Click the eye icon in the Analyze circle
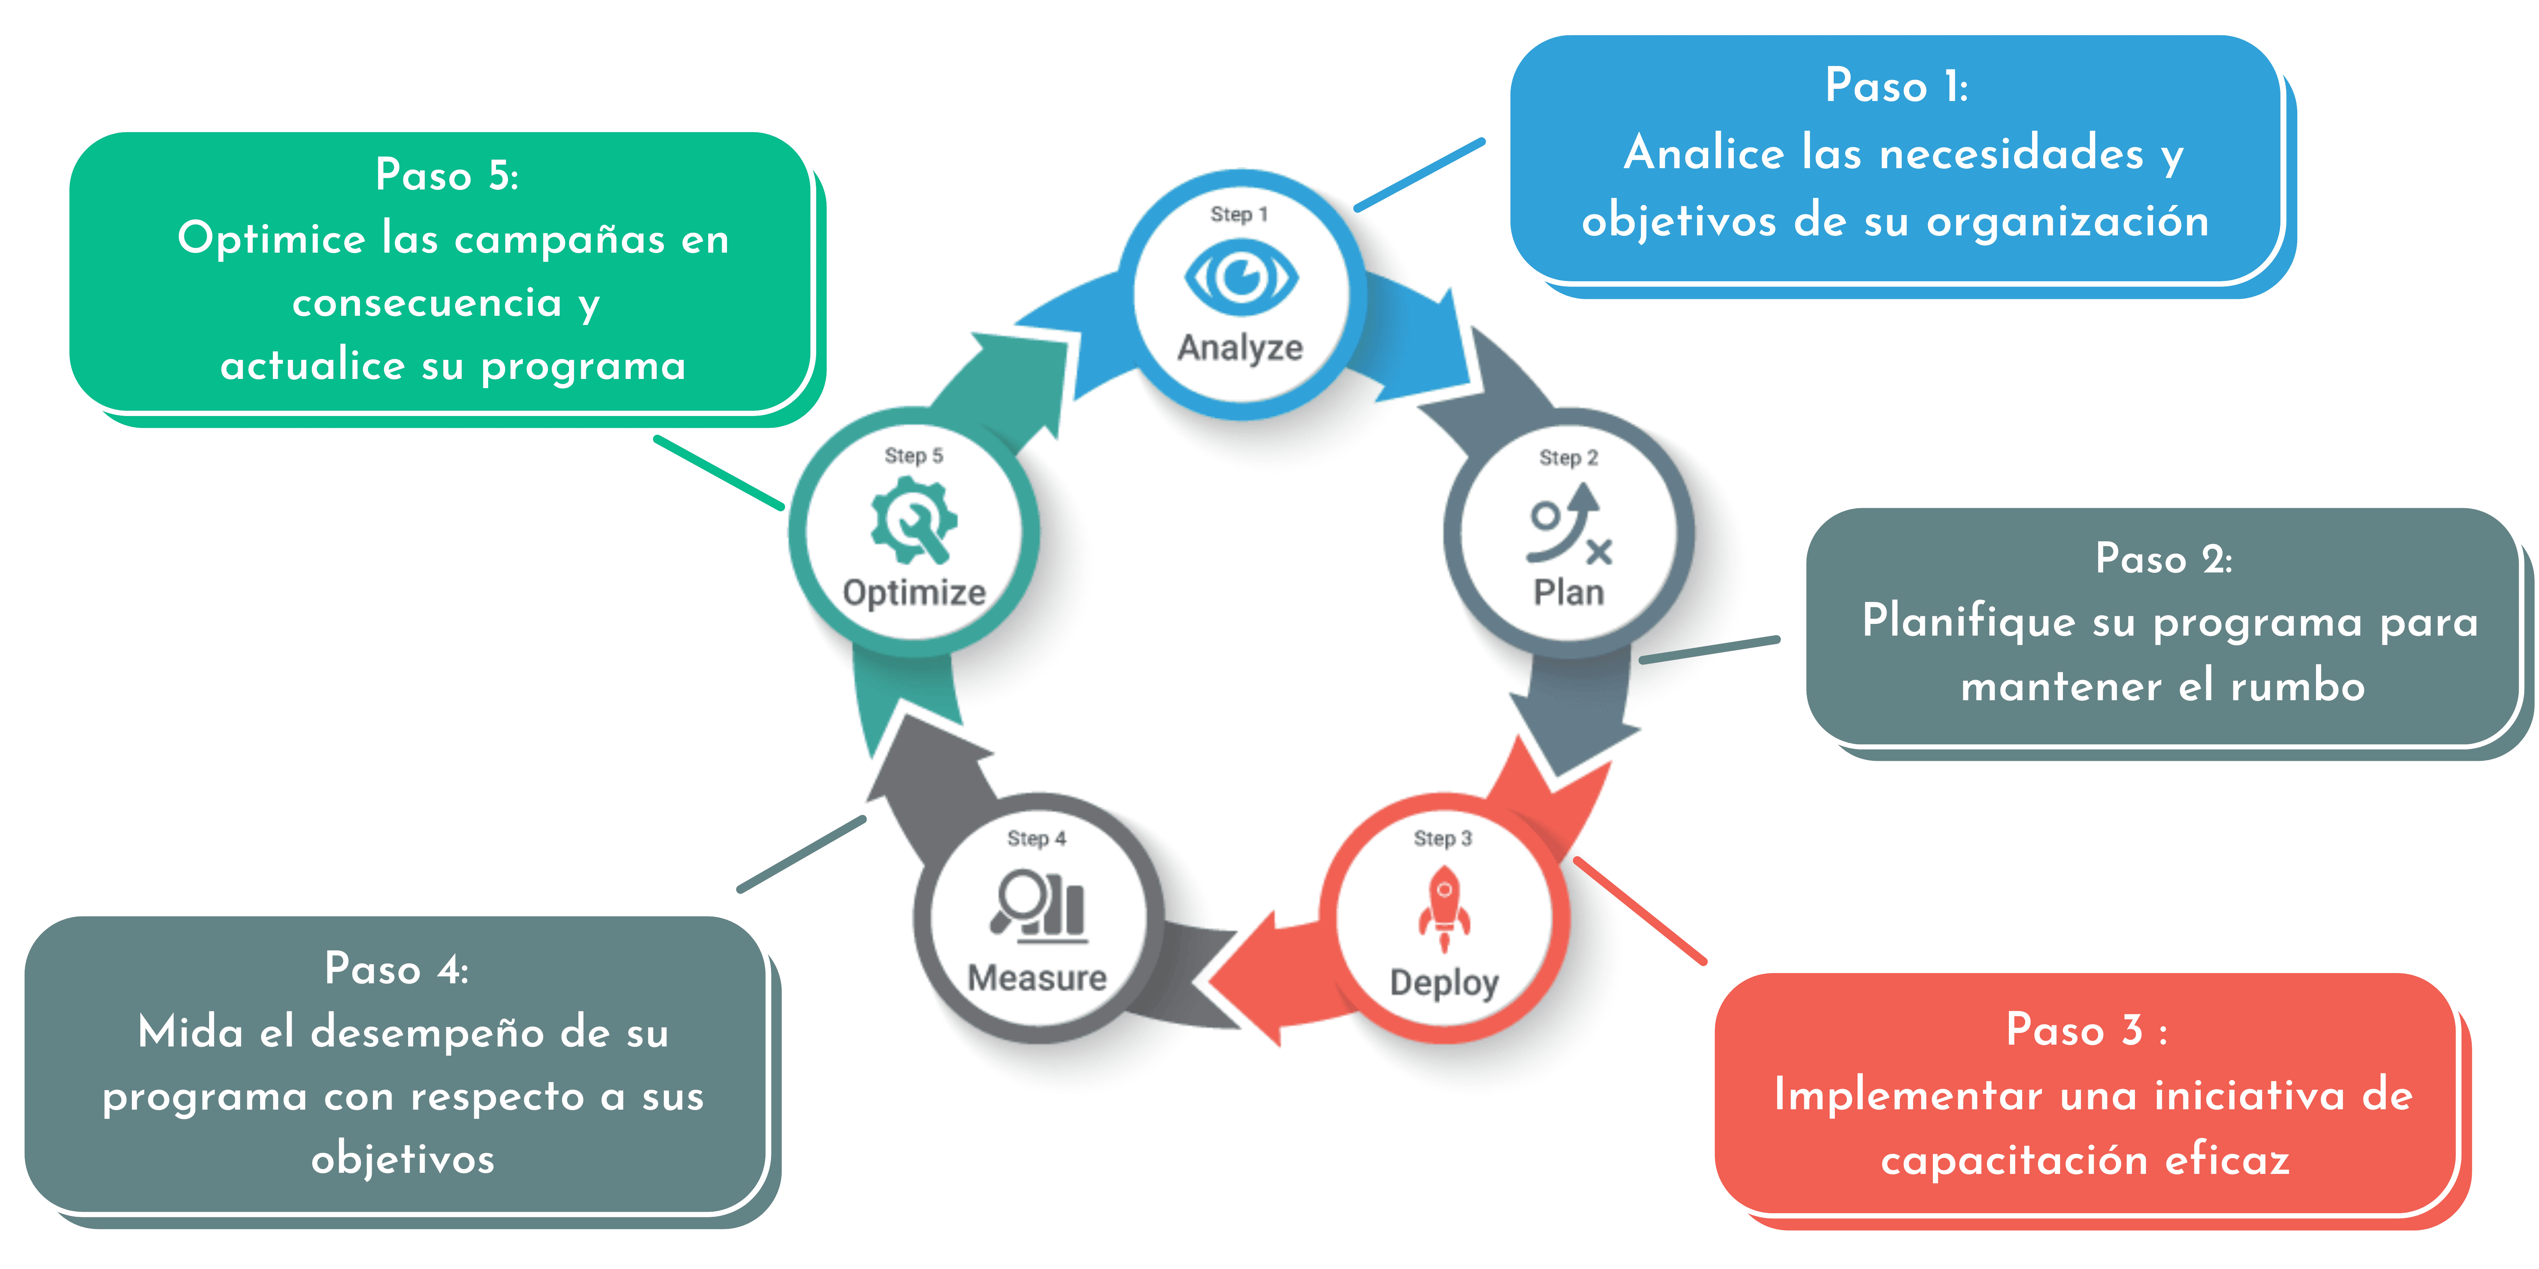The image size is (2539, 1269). (x=1241, y=277)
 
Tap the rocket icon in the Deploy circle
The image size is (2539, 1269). (x=1444, y=908)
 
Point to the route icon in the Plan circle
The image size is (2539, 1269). (x=1568, y=523)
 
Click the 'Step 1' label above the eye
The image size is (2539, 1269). (x=1239, y=214)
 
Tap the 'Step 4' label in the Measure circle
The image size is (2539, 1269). (x=1036, y=838)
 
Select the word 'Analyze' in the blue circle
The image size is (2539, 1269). (x=1240, y=348)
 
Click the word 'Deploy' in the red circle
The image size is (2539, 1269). (x=1444, y=982)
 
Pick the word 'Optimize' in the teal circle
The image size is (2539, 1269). (x=914, y=592)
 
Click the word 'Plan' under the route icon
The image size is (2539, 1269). (x=1568, y=592)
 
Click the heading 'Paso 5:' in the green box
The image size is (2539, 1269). (x=447, y=176)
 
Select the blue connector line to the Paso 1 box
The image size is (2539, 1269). (x=1419, y=174)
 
